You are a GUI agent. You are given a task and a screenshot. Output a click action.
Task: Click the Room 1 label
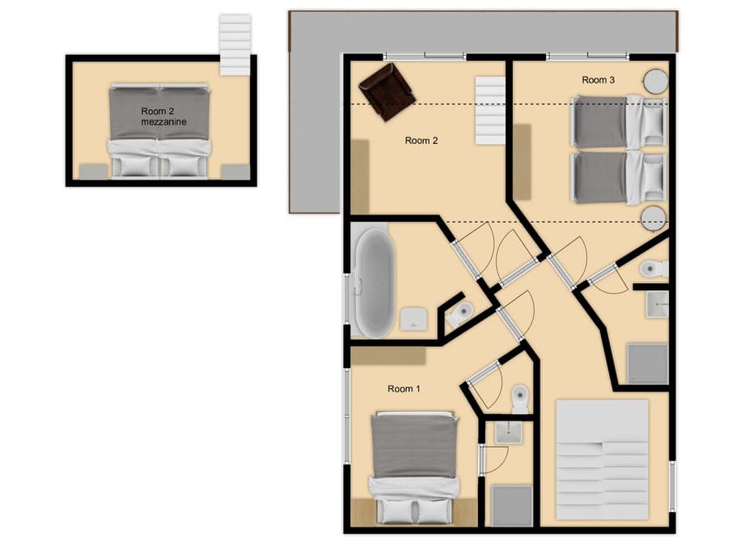404,389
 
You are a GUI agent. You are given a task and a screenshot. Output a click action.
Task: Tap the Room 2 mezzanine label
163,116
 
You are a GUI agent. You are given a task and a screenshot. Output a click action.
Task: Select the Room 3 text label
599,80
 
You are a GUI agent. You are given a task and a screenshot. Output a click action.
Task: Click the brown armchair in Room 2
387,91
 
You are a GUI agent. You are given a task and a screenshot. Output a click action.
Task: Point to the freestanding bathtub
373,282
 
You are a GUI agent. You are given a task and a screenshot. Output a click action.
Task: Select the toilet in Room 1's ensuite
519,398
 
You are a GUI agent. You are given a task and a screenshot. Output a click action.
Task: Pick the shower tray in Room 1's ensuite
512,505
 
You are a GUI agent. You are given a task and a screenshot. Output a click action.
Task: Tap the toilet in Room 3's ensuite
652,268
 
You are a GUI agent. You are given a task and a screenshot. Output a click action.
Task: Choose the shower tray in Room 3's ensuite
648,363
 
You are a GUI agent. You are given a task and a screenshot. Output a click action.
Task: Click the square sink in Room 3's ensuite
657,303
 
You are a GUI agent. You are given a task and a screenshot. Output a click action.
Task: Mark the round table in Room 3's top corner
654,81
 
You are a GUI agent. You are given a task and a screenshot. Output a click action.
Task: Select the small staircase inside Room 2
489,110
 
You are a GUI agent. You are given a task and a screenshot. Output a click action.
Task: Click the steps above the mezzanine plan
235,44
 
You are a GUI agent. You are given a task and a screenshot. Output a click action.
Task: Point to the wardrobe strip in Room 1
388,356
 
